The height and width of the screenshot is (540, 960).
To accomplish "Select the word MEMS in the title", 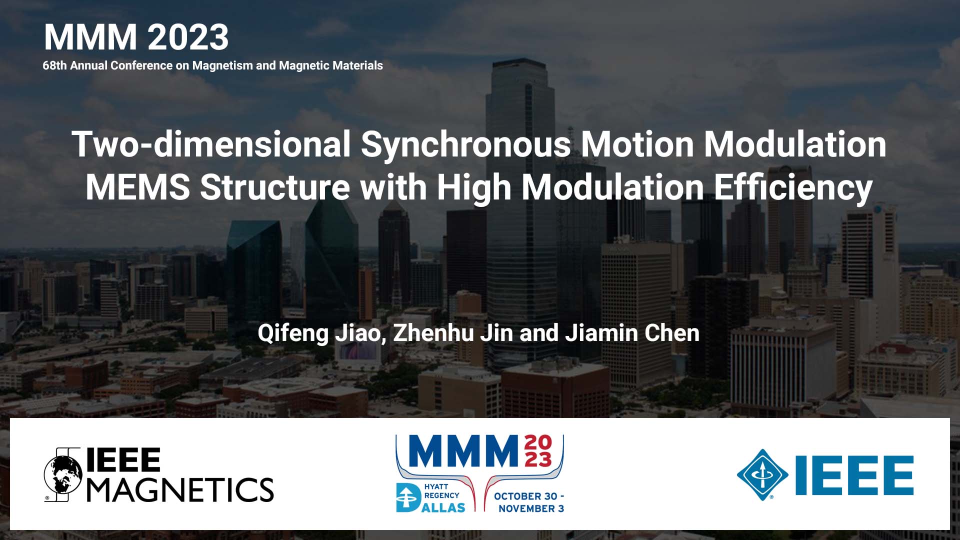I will click(137, 187).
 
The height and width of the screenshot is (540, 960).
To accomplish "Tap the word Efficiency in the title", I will click(793, 187).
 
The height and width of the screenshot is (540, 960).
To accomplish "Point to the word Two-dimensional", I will click(211, 144).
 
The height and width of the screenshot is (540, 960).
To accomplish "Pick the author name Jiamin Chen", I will click(632, 333).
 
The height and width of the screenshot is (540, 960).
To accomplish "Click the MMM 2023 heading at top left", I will click(136, 37).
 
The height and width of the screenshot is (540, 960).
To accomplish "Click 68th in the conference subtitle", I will click(54, 65).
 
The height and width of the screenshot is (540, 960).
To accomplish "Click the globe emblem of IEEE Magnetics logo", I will click(63, 474).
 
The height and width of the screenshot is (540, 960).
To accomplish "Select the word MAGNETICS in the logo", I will click(180, 489).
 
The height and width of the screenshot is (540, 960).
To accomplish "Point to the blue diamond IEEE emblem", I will click(762, 475).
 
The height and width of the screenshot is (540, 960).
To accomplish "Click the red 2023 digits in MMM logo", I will click(538, 450).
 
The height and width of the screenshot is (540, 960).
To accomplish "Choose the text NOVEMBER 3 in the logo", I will click(531, 508).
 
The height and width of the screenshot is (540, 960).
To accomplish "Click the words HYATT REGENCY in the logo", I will click(441, 491).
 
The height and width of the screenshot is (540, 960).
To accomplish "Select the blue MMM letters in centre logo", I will click(463, 451).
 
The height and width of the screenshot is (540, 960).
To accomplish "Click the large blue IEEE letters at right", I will click(854, 475).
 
